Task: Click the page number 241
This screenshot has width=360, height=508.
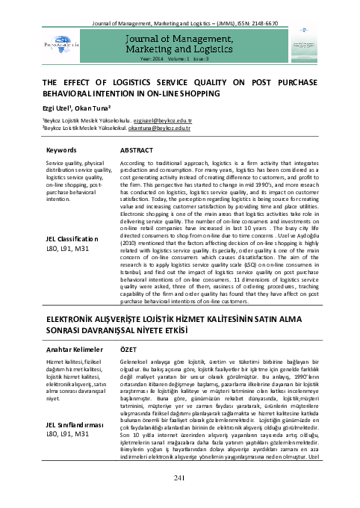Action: (x=179, y=499)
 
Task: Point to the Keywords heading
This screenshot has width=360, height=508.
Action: (x=61, y=149)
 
